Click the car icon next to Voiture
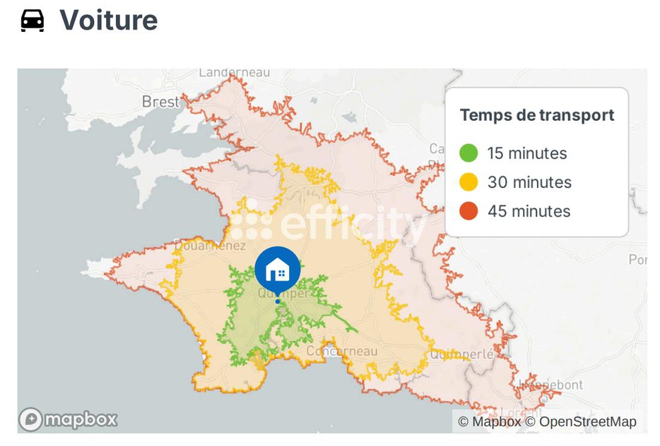click(33, 20)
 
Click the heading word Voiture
click(108, 20)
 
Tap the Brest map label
click(160, 102)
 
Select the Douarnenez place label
click(210, 246)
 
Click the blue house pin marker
click(278, 269)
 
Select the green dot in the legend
click(469, 153)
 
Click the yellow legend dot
click(469, 182)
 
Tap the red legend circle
click(469, 211)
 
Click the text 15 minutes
click(527, 153)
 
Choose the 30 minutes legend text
click(529, 182)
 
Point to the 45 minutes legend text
click(529, 211)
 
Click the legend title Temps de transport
click(537, 115)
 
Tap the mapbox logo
click(68, 419)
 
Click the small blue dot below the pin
click(278, 302)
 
